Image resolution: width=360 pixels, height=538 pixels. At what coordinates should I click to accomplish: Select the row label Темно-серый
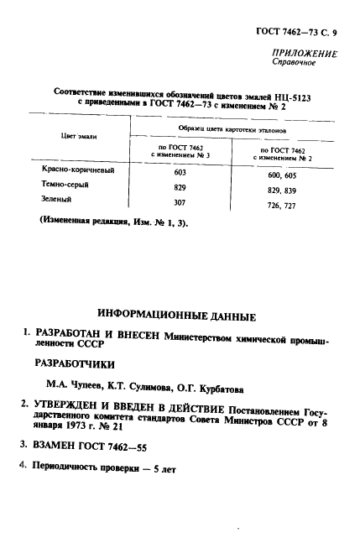[x=65, y=184]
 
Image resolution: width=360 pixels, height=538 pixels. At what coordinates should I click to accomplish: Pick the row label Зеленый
[x=56, y=200]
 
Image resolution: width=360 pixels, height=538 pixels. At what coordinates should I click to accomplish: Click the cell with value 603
[x=180, y=171]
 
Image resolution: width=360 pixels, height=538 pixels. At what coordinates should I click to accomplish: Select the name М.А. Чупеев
[x=76, y=389]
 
